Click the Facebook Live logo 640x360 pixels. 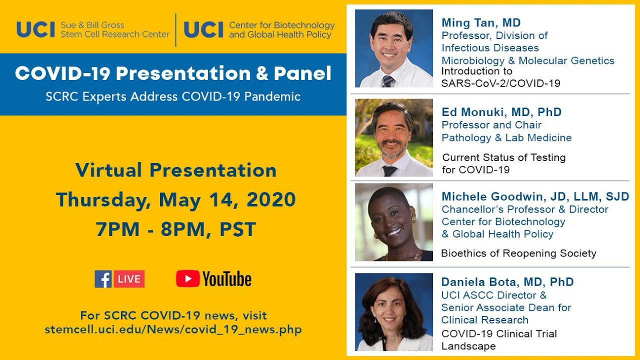[x=119, y=279]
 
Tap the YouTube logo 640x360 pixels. [x=213, y=279]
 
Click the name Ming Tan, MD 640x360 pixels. [x=480, y=22]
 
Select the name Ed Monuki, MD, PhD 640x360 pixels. [x=501, y=112]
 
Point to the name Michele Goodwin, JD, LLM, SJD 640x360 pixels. [x=535, y=196]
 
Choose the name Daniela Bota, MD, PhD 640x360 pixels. [x=507, y=282]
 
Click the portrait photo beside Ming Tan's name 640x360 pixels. [x=393, y=48]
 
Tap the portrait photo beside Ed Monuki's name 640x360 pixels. [x=393, y=137]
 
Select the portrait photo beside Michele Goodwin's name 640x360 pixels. [x=393, y=222]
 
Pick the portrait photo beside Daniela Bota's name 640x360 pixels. [x=393, y=312]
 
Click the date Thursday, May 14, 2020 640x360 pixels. [x=175, y=200]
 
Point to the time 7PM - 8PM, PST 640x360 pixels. [x=175, y=229]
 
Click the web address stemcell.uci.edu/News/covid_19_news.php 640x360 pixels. [x=173, y=330]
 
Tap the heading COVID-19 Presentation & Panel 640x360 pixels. [x=173, y=73]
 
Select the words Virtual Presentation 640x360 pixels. [x=175, y=170]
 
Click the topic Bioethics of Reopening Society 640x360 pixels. [x=518, y=253]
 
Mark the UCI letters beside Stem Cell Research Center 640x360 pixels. [x=35, y=30]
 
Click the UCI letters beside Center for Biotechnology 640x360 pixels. [x=203, y=30]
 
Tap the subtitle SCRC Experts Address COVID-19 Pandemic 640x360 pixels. [x=173, y=96]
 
